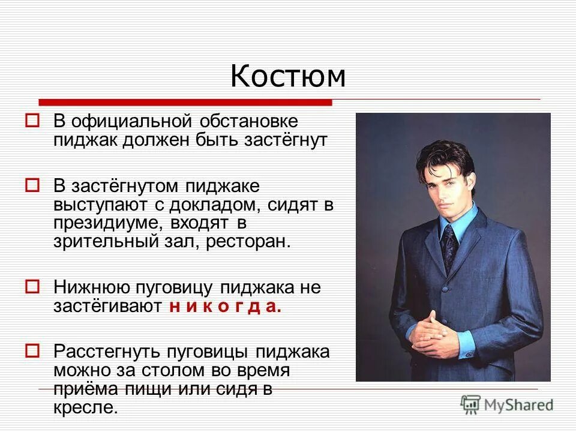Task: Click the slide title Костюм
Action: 288,77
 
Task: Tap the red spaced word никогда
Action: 225,307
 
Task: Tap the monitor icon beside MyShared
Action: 471,404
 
